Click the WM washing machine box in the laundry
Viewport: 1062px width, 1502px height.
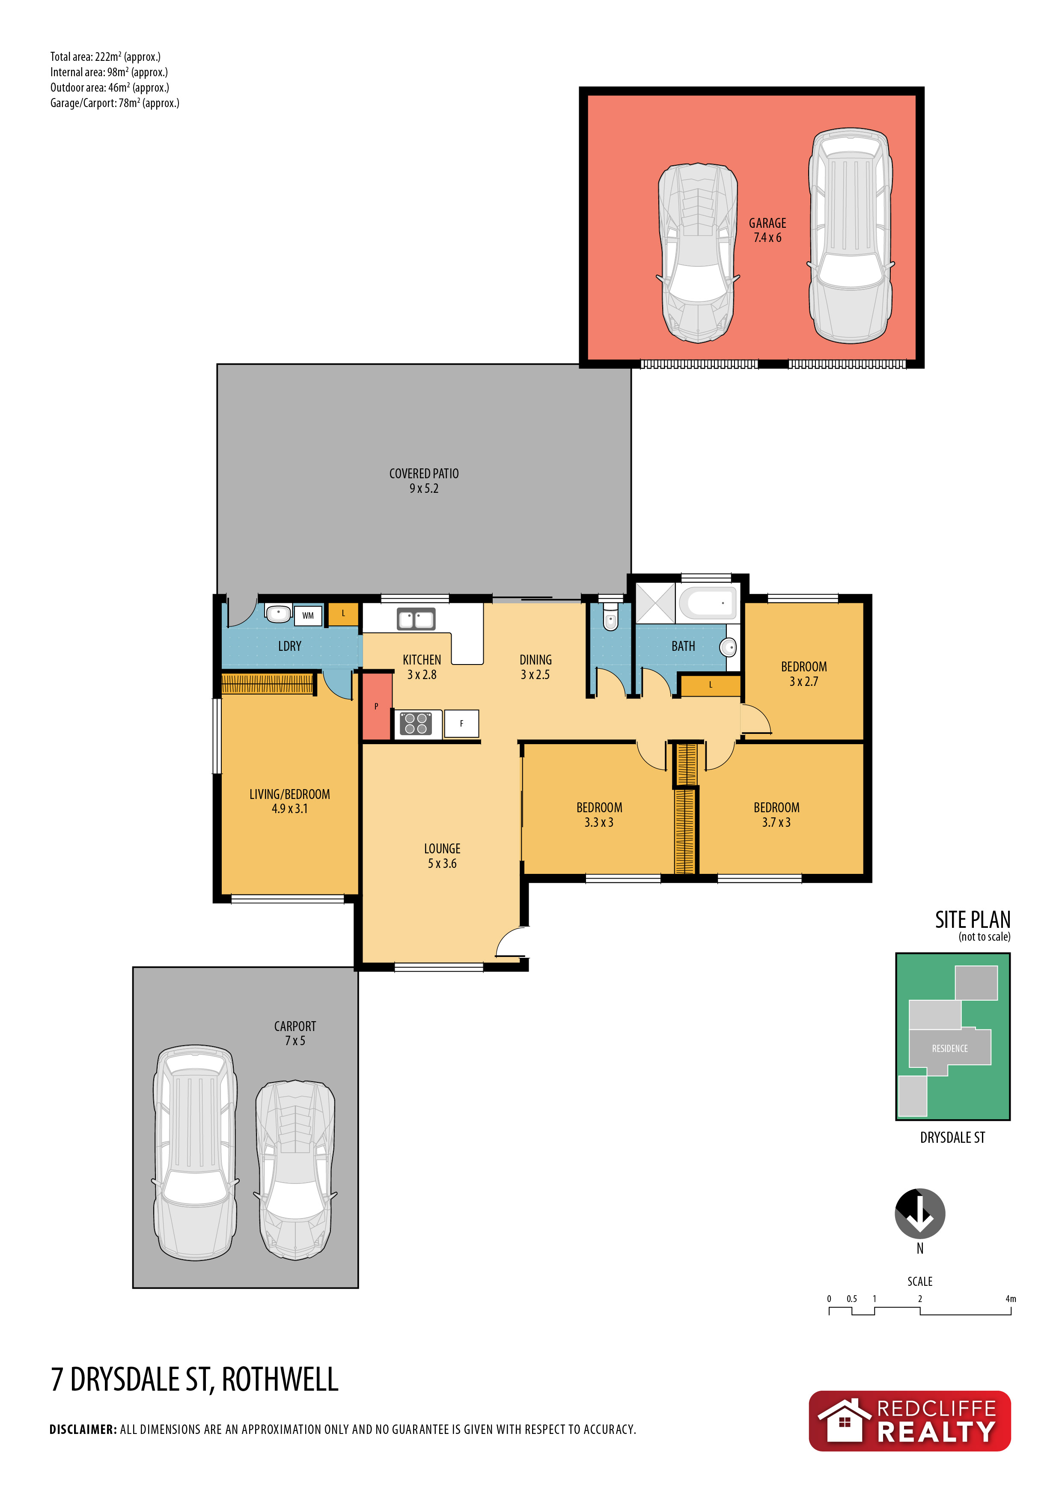click(308, 616)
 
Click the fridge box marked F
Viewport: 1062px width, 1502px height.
click(462, 724)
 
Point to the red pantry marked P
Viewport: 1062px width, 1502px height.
click(377, 706)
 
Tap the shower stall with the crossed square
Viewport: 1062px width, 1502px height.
click(655, 602)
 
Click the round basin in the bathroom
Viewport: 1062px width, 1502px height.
click(729, 648)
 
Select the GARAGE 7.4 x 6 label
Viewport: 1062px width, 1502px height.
click(768, 230)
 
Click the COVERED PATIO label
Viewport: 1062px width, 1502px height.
click(424, 474)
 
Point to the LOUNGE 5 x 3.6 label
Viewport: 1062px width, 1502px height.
click(442, 855)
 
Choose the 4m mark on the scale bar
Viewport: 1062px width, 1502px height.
click(1011, 1299)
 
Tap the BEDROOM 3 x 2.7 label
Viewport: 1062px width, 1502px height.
click(804, 674)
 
